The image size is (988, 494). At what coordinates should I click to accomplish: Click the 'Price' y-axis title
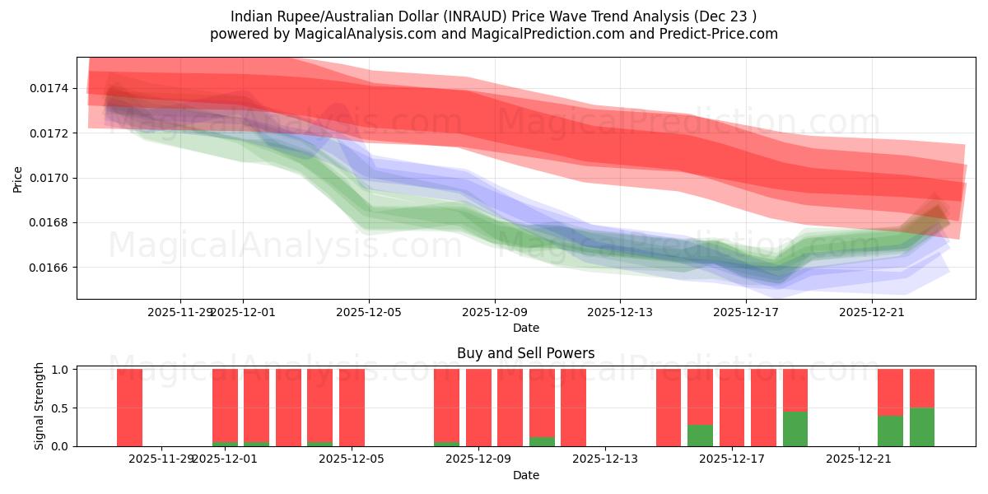tap(18, 178)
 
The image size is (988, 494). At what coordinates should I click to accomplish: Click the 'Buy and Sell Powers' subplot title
tap(525, 353)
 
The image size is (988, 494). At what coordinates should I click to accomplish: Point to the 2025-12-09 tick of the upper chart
tap(495, 312)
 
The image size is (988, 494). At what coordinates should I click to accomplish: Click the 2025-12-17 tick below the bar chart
tap(731, 459)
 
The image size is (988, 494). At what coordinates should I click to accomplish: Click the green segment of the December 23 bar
tap(922, 426)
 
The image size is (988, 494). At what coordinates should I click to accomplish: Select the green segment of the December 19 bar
tap(795, 428)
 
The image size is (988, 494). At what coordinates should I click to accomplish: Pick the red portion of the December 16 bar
tap(700, 395)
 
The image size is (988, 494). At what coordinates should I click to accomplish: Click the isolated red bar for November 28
tap(129, 408)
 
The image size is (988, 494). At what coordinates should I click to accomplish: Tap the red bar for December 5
tap(352, 408)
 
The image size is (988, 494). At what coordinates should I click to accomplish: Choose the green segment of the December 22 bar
tap(890, 431)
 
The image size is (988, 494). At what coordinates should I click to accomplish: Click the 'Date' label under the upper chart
tap(525, 328)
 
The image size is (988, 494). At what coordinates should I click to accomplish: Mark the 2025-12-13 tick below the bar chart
tap(604, 459)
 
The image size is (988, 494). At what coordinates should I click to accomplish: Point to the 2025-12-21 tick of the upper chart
tap(872, 312)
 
